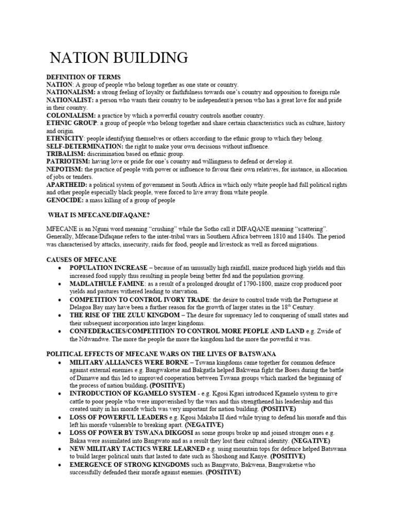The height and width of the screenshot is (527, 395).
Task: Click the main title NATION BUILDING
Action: (118, 57)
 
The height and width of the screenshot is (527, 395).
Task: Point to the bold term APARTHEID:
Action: (67, 185)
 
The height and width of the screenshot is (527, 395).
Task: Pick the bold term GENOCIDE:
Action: (65, 200)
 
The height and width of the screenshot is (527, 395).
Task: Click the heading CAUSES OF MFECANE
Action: (82, 260)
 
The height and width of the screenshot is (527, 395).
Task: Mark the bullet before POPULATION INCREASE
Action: (61, 268)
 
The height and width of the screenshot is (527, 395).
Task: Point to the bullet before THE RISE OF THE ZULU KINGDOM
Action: (61, 315)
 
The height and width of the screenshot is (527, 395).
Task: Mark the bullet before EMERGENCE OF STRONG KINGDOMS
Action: (61, 464)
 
